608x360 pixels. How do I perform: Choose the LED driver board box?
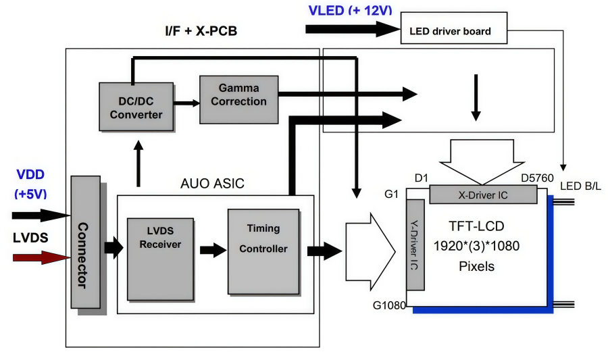pyautogui.click(x=455, y=31)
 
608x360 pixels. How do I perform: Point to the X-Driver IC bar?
pyautogui.click(x=483, y=195)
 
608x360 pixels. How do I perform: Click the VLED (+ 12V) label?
pyautogui.click(x=350, y=10)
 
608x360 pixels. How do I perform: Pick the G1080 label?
pyautogui.click(x=388, y=305)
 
